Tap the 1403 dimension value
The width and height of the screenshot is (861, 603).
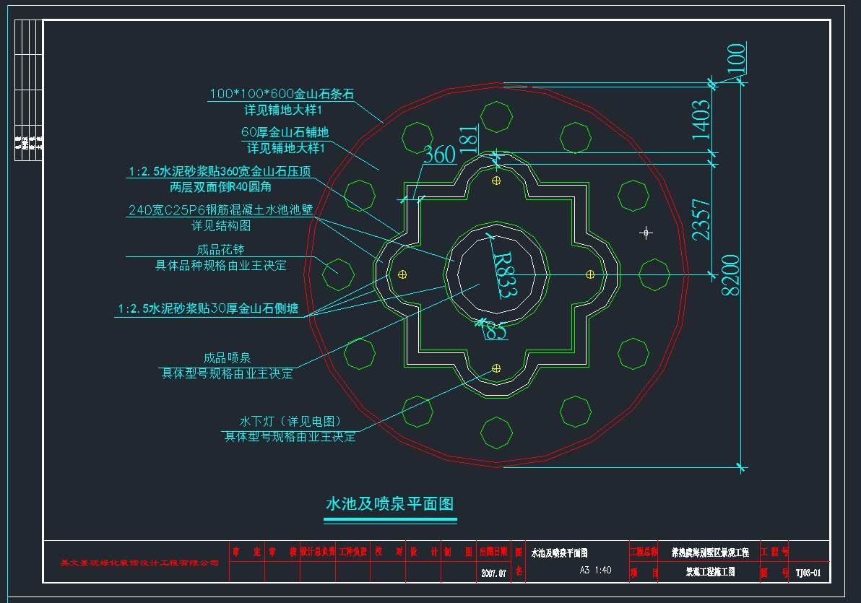pyautogui.click(x=701, y=120)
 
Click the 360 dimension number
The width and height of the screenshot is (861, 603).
pyautogui.click(x=439, y=155)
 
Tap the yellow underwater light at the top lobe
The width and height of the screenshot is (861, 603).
pyautogui.click(x=496, y=181)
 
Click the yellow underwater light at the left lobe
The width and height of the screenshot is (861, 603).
pyautogui.click(x=402, y=274)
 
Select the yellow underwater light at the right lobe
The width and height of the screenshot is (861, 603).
pyautogui.click(x=589, y=274)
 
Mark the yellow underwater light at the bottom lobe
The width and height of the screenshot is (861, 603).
pyautogui.click(x=496, y=368)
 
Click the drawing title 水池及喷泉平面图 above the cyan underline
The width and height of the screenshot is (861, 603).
pyautogui.click(x=390, y=503)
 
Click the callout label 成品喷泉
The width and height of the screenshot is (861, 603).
pyautogui.click(x=227, y=358)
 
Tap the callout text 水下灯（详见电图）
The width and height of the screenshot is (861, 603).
pyautogui.click(x=290, y=421)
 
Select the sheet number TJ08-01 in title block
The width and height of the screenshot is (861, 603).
pyautogui.click(x=808, y=573)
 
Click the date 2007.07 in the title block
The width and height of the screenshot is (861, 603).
pyautogui.click(x=494, y=573)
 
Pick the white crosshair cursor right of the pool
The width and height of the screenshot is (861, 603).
pyautogui.click(x=646, y=233)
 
